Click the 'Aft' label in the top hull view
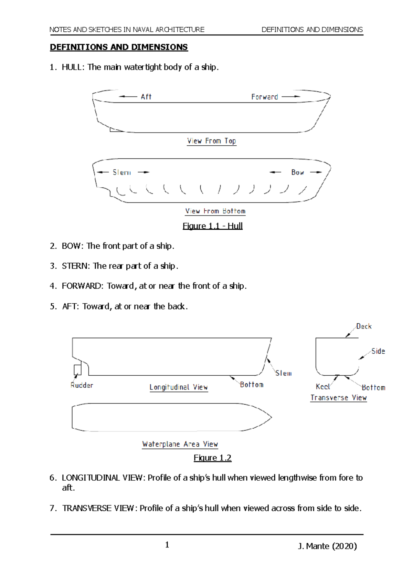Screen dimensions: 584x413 click(146, 97)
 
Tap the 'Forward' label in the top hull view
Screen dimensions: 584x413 click(264, 97)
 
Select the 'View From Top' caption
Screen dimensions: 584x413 click(211, 141)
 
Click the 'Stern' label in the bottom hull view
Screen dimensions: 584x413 click(122, 172)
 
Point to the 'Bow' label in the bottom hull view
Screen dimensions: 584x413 click(297, 172)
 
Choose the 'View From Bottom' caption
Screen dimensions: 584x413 click(215, 211)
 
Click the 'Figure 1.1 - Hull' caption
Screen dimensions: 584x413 click(212, 226)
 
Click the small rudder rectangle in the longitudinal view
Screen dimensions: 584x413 click(78, 369)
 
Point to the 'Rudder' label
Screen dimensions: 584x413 click(82, 385)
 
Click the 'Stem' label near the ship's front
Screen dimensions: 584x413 click(283, 373)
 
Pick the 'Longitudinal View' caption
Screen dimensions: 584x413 click(179, 387)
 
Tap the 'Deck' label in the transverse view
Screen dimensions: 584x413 click(364, 326)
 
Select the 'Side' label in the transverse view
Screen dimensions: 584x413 click(378, 351)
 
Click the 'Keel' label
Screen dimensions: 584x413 click(323, 387)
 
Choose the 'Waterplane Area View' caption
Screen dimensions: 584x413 click(180, 444)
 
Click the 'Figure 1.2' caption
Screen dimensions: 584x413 click(212, 458)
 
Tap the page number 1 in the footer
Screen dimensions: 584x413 click(167, 544)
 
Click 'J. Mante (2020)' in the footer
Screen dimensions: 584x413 click(327, 546)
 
